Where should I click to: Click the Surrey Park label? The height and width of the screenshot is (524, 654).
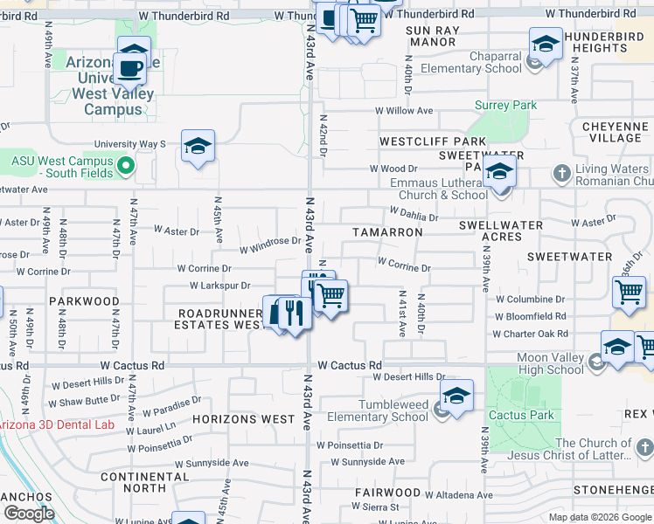pyautogui.click(x=505, y=106)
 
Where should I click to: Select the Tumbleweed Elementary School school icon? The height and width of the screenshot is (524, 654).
pyautogui.click(x=456, y=397)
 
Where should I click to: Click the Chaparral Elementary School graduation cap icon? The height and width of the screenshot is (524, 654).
pyautogui.click(x=545, y=45)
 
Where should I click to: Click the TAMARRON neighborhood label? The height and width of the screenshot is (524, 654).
pyautogui.click(x=387, y=232)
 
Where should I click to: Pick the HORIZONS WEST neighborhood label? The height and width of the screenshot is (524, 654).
pyautogui.click(x=244, y=419)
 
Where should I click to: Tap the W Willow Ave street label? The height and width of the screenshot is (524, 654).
pyautogui.click(x=404, y=111)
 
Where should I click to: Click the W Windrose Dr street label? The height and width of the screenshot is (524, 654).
pyautogui.click(x=271, y=241)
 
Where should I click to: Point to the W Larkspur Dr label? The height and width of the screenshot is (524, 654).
pyautogui.click(x=220, y=286)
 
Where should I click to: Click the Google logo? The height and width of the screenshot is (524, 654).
pyautogui.click(x=29, y=514)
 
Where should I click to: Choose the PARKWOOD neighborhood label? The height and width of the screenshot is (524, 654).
pyautogui.click(x=84, y=301)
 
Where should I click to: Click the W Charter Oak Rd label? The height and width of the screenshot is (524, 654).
pyautogui.click(x=529, y=334)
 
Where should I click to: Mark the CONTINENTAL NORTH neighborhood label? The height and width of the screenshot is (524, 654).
pyautogui.click(x=145, y=482)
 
